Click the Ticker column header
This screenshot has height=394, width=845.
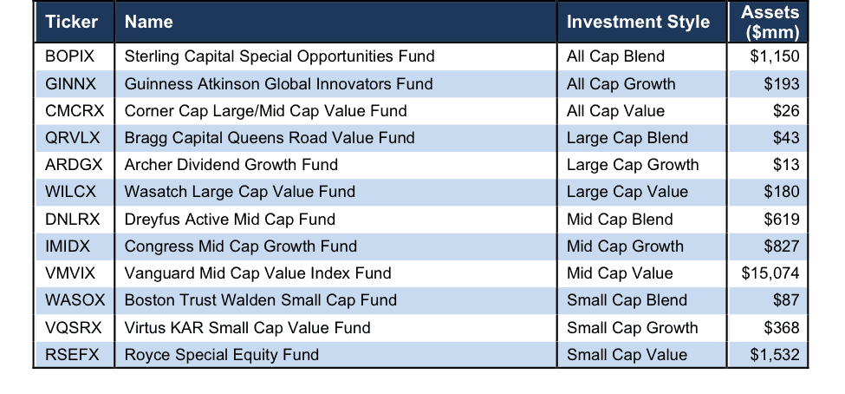click(71, 22)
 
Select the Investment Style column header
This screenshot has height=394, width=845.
click(638, 22)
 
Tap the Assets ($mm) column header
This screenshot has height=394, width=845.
click(770, 23)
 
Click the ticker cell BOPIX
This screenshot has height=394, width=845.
click(69, 56)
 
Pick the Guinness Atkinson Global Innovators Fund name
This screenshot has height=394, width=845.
click(278, 84)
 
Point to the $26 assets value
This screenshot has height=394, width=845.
click(786, 111)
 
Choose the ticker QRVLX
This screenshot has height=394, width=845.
click(73, 138)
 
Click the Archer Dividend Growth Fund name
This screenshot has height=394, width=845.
click(231, 165)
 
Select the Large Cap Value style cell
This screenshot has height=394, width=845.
click(627, 193)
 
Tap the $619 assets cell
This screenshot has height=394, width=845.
click(782, 220)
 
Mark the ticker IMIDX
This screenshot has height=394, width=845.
click(68, 246)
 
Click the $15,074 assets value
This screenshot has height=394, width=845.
click(770, 273)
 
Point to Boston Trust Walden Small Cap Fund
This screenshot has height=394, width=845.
click(261, 300)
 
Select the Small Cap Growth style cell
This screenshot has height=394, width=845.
click(632, 328)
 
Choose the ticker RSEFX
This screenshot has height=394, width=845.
click(72, 355)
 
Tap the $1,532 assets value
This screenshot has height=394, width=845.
click(775, 355)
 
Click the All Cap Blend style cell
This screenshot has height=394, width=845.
click(615, 56)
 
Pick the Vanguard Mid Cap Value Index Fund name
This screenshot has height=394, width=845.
click(257, 273)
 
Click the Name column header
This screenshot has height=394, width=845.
click(149, 22)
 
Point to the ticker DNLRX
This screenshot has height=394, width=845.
click(73, 220)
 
